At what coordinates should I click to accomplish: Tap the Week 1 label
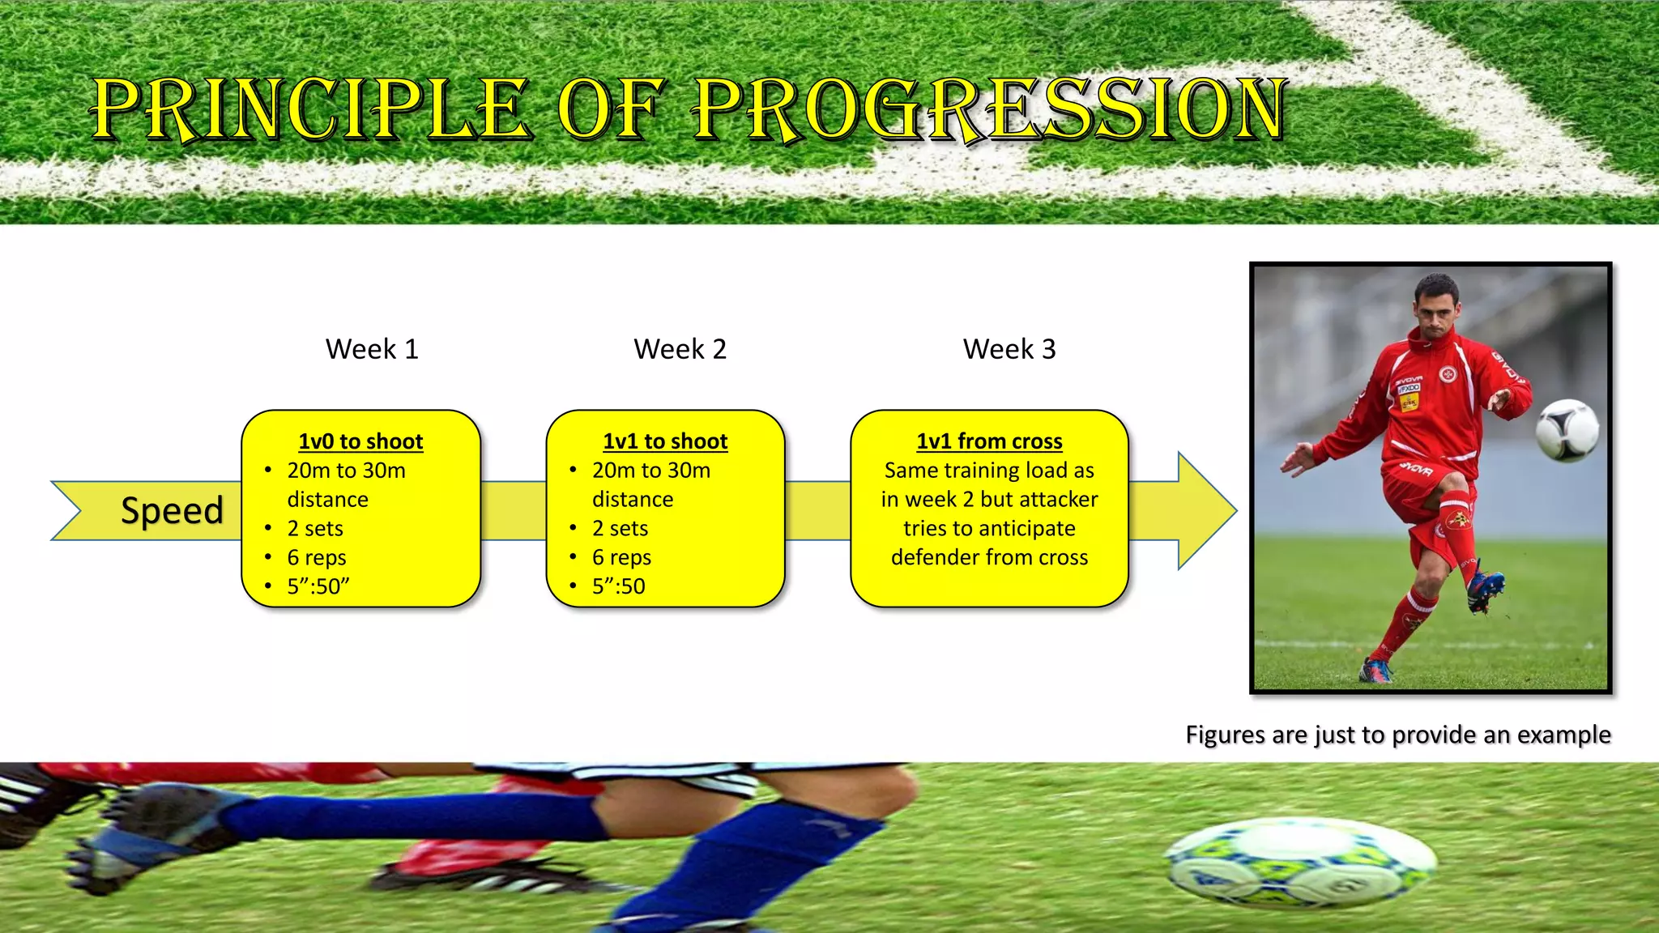coord(372,349)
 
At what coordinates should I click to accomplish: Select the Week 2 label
coord(680,349)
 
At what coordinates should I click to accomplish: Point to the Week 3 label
coord(1009,349)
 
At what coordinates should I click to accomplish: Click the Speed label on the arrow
coord(172,510)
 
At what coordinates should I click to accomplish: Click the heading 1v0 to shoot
coord(360,441)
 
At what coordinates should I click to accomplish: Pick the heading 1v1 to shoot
coord(665,441)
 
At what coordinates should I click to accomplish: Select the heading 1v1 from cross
coord(989,441)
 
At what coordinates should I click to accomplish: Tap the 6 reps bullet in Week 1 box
coord(317,557)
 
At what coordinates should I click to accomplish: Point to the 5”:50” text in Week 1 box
coord(318,586)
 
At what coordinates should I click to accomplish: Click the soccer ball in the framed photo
coord(1567,430)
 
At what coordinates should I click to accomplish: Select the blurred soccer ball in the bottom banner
coord(1299,862)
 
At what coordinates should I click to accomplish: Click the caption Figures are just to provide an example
coord(1397,735)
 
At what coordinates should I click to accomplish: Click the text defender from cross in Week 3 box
coord(989,557)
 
